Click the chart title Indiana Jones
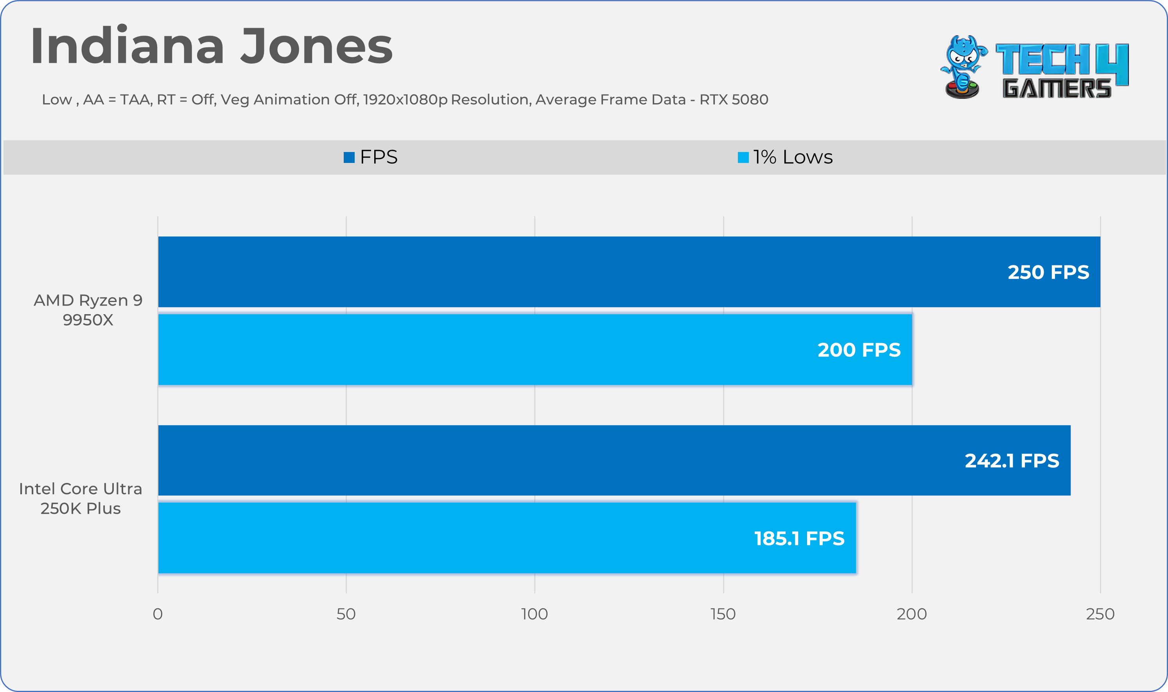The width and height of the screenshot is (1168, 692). click(212, 46)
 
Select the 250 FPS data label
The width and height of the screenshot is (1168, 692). click(1048, 272)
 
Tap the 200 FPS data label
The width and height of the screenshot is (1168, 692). click(859, 350)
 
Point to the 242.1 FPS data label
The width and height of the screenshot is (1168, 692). click(1012, 461)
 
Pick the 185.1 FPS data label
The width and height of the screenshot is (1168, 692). click(799, 538)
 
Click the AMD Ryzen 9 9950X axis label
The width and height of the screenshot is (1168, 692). click(88, 310)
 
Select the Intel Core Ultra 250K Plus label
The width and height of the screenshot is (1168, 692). click(80, 499)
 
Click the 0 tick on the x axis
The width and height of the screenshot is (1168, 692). click(158, 614)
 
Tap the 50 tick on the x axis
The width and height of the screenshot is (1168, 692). click(346, 614)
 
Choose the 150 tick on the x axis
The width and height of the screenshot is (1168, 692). click(723, 614)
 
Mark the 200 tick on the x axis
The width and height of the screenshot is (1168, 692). click(911, 614)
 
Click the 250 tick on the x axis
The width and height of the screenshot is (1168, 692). click(1100, 614)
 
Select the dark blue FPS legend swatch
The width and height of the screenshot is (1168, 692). click(349, 157)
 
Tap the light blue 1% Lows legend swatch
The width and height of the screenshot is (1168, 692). click(743, 157)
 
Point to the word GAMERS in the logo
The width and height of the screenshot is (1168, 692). click(1057, 89)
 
